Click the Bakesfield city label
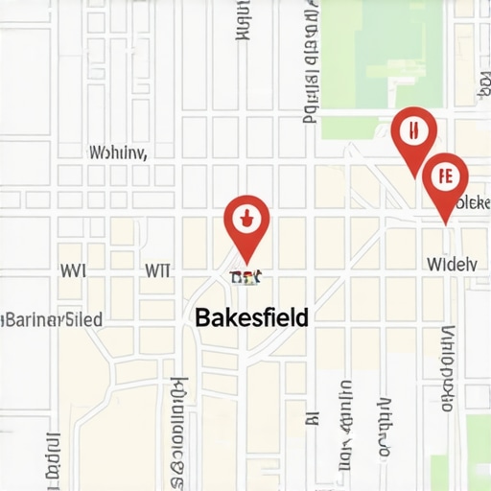click(x=251, y=317)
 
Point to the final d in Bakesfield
click(x=302, y=317)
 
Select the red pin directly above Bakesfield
click(x=246, y=222)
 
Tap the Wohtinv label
click(x=117, y=152)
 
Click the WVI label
click(x=73, y=270)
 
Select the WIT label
click(x=156, y=270)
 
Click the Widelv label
click(x=451, y=263)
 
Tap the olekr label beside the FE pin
click(x=471, y=202)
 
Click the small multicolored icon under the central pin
click(x=246, y=277)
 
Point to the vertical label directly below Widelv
click(x=447, y=369)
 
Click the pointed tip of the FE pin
click(x=446, y=223)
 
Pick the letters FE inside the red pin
click(x=444, y=176)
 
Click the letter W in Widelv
click(x=433, y=263)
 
